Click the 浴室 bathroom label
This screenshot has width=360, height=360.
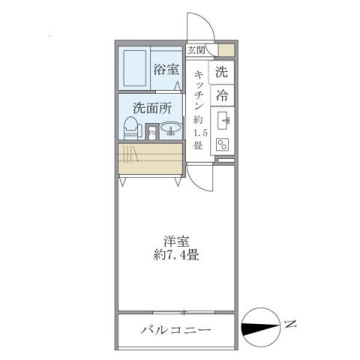(166, 70)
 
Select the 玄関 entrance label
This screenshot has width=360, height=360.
(196, 50)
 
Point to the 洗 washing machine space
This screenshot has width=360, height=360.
(221, 73)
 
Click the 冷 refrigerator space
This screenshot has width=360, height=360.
(221, 95)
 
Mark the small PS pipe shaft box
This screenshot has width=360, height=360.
(151, 132)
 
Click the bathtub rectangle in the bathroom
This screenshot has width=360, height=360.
(135, 68)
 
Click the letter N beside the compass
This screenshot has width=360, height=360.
(291, 325)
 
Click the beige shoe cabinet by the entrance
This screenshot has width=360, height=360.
(225, 50)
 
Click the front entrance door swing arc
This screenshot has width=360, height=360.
(207, 28)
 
